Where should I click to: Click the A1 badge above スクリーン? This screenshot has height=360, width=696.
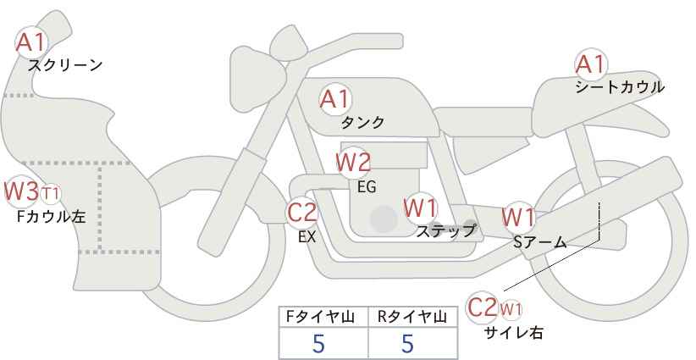pyautogui.click(x=32, y=41)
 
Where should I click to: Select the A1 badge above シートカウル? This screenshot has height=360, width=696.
pyautogui.click(x=590, y=64)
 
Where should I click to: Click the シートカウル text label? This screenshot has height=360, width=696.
pyautogui.click(x=620, y=86)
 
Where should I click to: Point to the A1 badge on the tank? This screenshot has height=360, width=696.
pyautogui.click(x=334, y=99)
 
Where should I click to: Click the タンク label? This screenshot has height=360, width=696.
pyautogui.click(x=362, y=123)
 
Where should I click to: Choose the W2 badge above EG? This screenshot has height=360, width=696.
pyautogui.click(x=353, y=162)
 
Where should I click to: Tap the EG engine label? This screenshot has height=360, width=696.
pyautogui.click(x=367, y=186)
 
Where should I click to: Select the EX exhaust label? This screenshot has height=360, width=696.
pyautogui.click(x=307, y=237)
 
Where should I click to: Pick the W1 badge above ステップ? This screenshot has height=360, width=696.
pyautogui.click(x=420, y=206)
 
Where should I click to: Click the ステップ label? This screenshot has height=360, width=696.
pyautogui.click(x=446, y=230)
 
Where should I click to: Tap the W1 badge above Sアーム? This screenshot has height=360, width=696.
pyautogui.click(x=518, y=217)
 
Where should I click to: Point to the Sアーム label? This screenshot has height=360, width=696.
pyautogui.click(x=539, y=241)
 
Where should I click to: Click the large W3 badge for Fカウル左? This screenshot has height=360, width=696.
pyautogui.click(x=21, y=191)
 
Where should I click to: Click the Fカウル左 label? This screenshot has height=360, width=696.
pyautogui.click(x=51, y=217)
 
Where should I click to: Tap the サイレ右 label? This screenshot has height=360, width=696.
pyautogui.click(x=513, y=333)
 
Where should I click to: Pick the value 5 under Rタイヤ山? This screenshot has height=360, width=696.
pyautogui.click(x=407, y=344)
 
